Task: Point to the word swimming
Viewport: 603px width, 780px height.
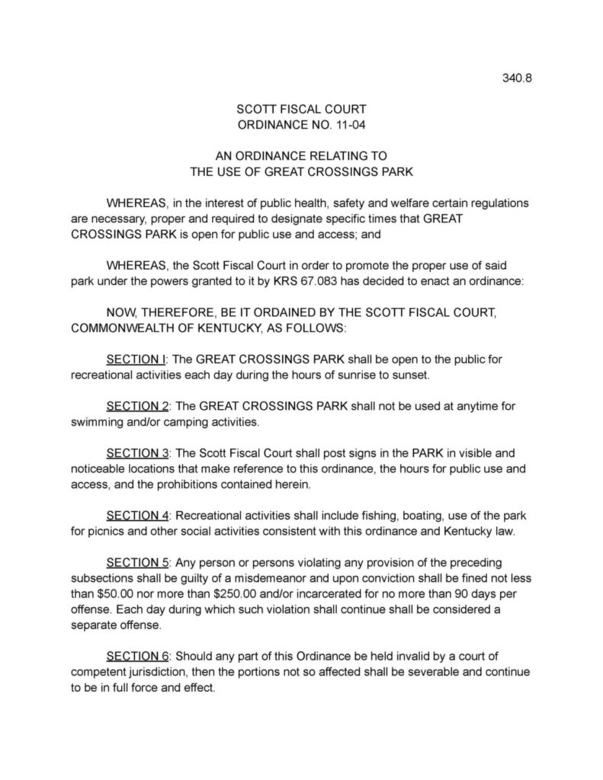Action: (98, 421)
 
